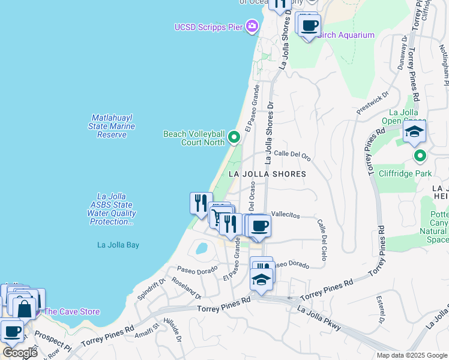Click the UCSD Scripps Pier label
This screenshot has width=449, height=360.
coord(209,27)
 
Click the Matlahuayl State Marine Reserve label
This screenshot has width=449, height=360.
coord(112,126)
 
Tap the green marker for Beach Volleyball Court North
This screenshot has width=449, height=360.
coord(234,139)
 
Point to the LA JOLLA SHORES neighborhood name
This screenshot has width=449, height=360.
coord(267,174)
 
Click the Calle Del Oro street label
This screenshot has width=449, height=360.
coord(292,154)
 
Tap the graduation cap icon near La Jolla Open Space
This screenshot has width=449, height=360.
coord(414,131)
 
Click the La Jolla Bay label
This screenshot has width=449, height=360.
coord(118,245)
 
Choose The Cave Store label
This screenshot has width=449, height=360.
coord(71,311)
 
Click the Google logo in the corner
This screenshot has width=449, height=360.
coord(20,352)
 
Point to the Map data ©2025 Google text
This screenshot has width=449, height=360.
coord(412,355)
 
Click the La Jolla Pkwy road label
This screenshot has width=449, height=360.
coord(319,319)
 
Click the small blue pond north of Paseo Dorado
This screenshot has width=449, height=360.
coord(202,248)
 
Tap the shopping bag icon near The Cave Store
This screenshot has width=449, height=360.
coord(25,309)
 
